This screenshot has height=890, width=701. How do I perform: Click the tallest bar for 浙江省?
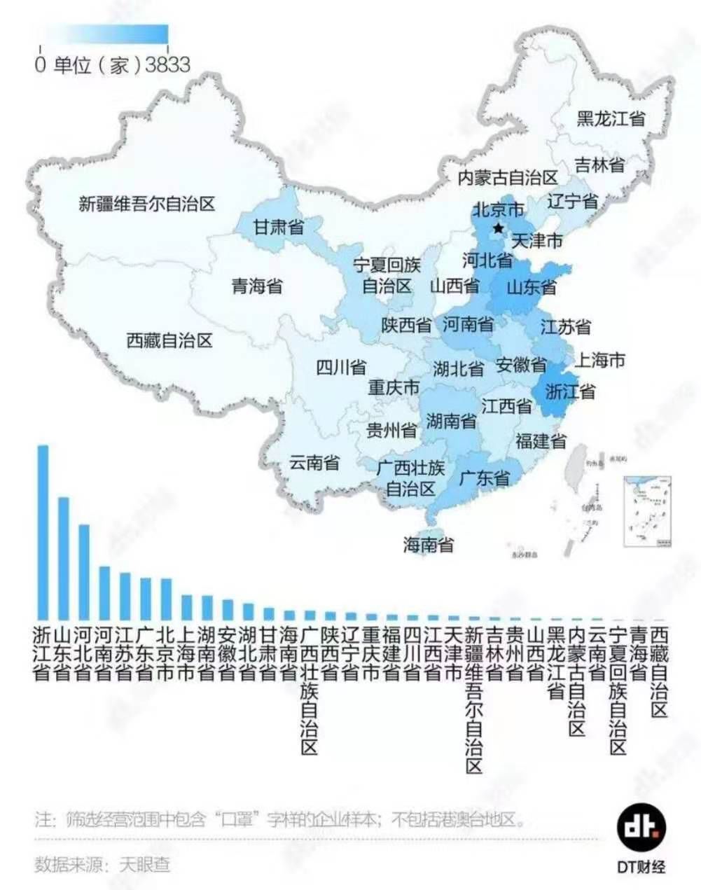pyautogui.click(x=43, y=532)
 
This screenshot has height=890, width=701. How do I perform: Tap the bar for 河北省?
pyautogui.click(x=84, y=571)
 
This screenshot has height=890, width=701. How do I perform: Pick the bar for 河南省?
pyautogui.click(x=104, y=592)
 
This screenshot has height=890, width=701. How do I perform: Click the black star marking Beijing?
pyautogui.click(x=498, y=228)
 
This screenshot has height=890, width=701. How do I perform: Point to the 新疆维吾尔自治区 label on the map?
pyautogui.click(x=146, y=204)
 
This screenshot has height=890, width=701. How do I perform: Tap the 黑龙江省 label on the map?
pyautogui.click(x=611, y=118)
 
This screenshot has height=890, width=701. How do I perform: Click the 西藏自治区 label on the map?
pyautogui.click(x=169, y=341)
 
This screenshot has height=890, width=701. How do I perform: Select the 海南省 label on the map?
pyautogui.click(x=428, y=545)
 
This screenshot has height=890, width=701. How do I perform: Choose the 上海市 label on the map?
pyautogui.click(x=599, y=361)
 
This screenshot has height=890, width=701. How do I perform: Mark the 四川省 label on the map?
pyautogui.click(x=341, y=367)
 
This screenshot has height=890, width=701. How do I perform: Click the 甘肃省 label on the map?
pyautogui.click(x=278, y=228)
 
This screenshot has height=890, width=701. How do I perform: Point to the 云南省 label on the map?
pyautogui.click(x=314, y=462)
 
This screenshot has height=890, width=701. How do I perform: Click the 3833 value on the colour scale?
pyautogui.click(x=168, y=65)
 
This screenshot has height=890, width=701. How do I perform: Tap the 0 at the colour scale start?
pyautogui.click(x=41, y=65)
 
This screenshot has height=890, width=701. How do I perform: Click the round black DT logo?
pyautogui.click(x=641, y=827)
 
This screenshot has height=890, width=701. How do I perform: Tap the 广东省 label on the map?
pyautogui.click(x=484, y=479)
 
